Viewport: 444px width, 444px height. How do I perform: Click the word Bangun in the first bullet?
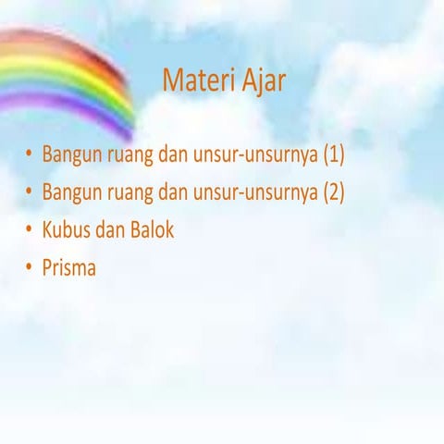pyautogui.click(x=70, y=154)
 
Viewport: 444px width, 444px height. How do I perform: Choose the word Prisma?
pyautogui.click(x=69, y=268)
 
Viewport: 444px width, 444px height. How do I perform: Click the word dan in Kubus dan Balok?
pyautogui.click(x=107, y=229)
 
